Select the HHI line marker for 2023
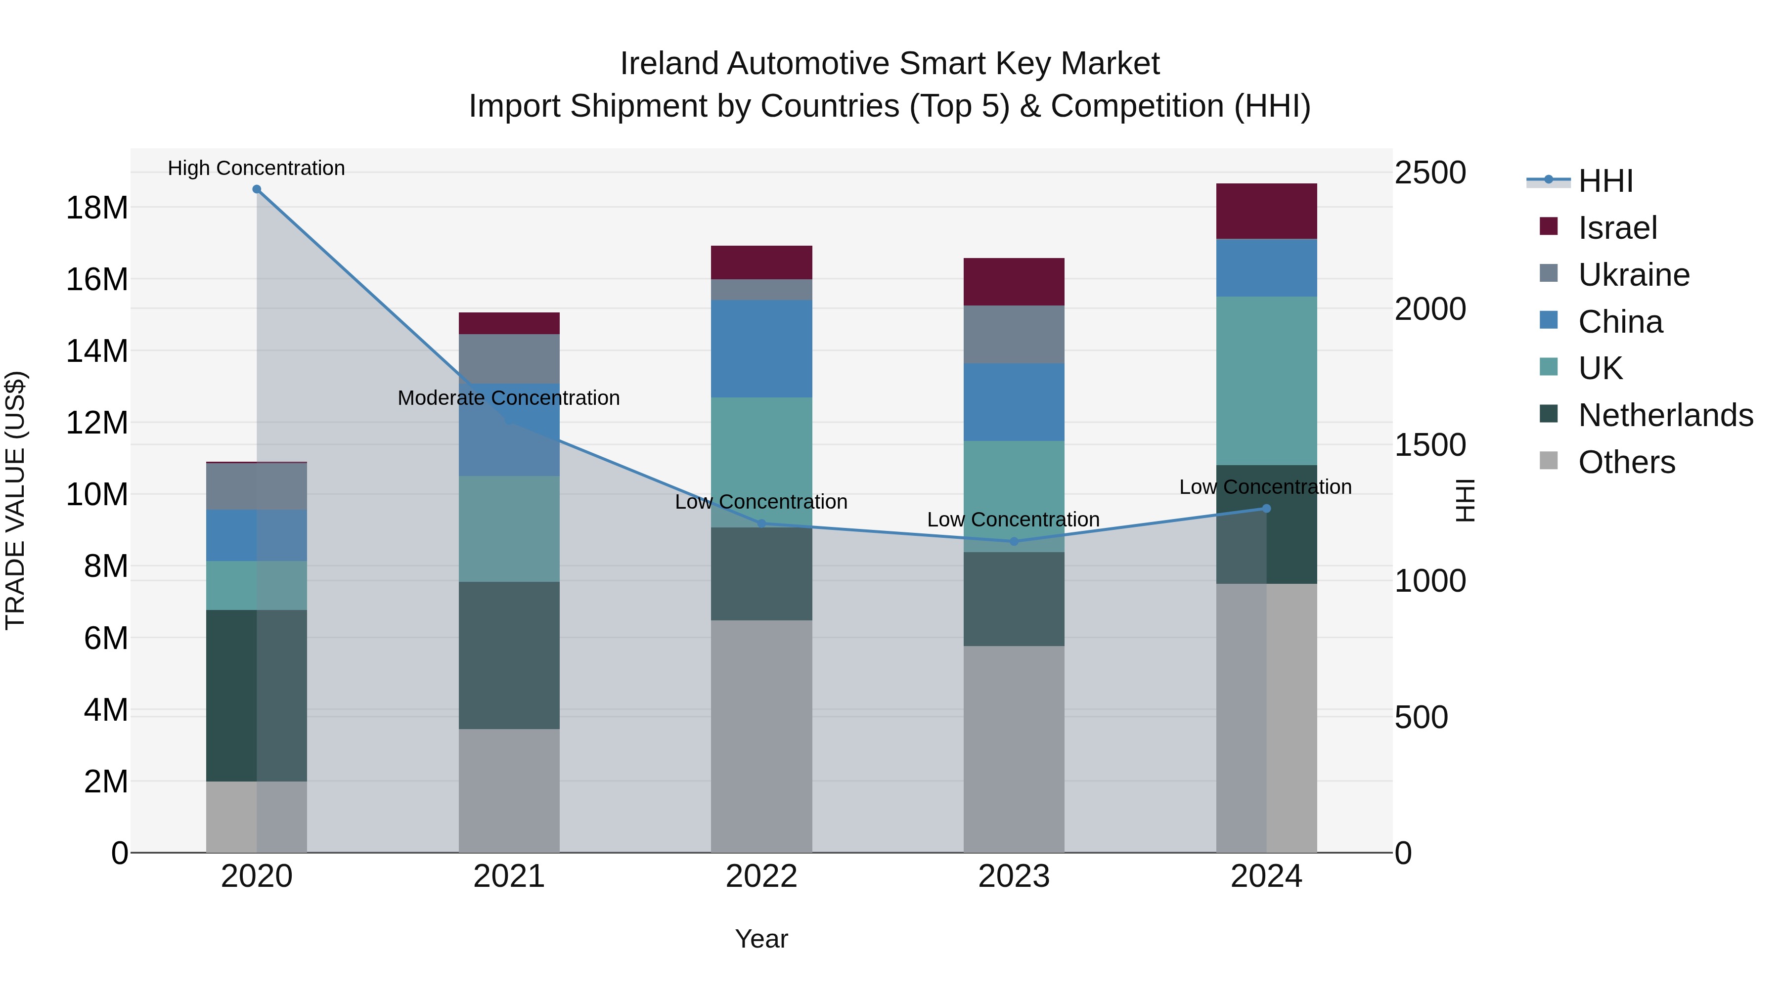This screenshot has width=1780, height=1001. click(1014, 542)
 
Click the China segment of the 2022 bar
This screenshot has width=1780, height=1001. click(761, 349)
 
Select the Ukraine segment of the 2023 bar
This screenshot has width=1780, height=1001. click(1014, 334)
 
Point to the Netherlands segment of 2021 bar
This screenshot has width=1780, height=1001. click(509, 655)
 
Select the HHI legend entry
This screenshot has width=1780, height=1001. click(1604, 181)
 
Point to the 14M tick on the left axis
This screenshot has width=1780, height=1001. click(97, 351)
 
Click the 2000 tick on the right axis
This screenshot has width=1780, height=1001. click(1429, 309)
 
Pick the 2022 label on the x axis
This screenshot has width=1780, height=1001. click(761, 876)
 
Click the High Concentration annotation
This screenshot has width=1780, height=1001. click(256, 168)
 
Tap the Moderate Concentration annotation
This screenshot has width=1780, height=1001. click(509, 398)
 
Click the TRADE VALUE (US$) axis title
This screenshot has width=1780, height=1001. click(15, 500)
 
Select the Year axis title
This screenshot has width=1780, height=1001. click(761, 939)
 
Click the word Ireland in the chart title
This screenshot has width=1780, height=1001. click(669, 64)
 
